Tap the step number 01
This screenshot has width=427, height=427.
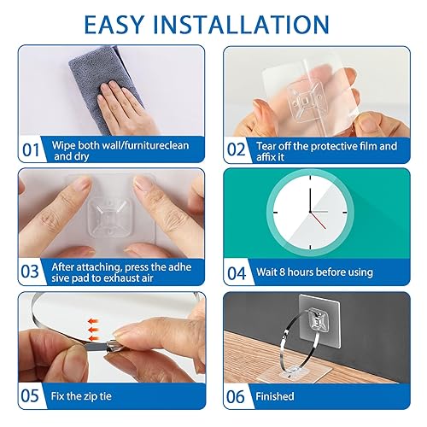click(32, 150)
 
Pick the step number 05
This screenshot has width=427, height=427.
click(32, 395)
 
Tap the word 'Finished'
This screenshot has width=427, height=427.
click(274, 396)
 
